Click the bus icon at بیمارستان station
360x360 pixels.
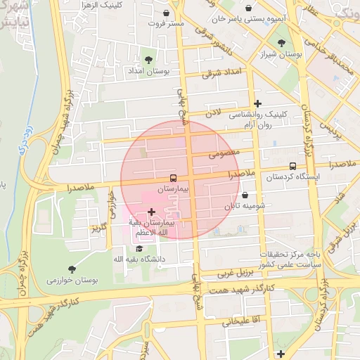click(x=173, y=177)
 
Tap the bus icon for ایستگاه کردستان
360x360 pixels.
click(x=292, y=166)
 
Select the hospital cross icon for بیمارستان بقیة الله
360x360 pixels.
click(x=152, y=212)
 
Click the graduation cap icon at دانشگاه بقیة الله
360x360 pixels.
click(x=139, y=249)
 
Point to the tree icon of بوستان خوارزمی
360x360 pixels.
click(x=72, y=269)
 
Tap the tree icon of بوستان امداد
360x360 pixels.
click(x=148, y=60)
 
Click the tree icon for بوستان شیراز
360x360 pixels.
click(x=281, y=44)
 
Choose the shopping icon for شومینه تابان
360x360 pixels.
click(x=245, y=195)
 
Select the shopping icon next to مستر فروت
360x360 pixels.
click(x=166, y=13)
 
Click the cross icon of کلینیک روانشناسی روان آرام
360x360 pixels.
click(x=257, y=103)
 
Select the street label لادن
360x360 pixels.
click(x=213, y=112)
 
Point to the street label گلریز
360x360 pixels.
click(x=98, y=228)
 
